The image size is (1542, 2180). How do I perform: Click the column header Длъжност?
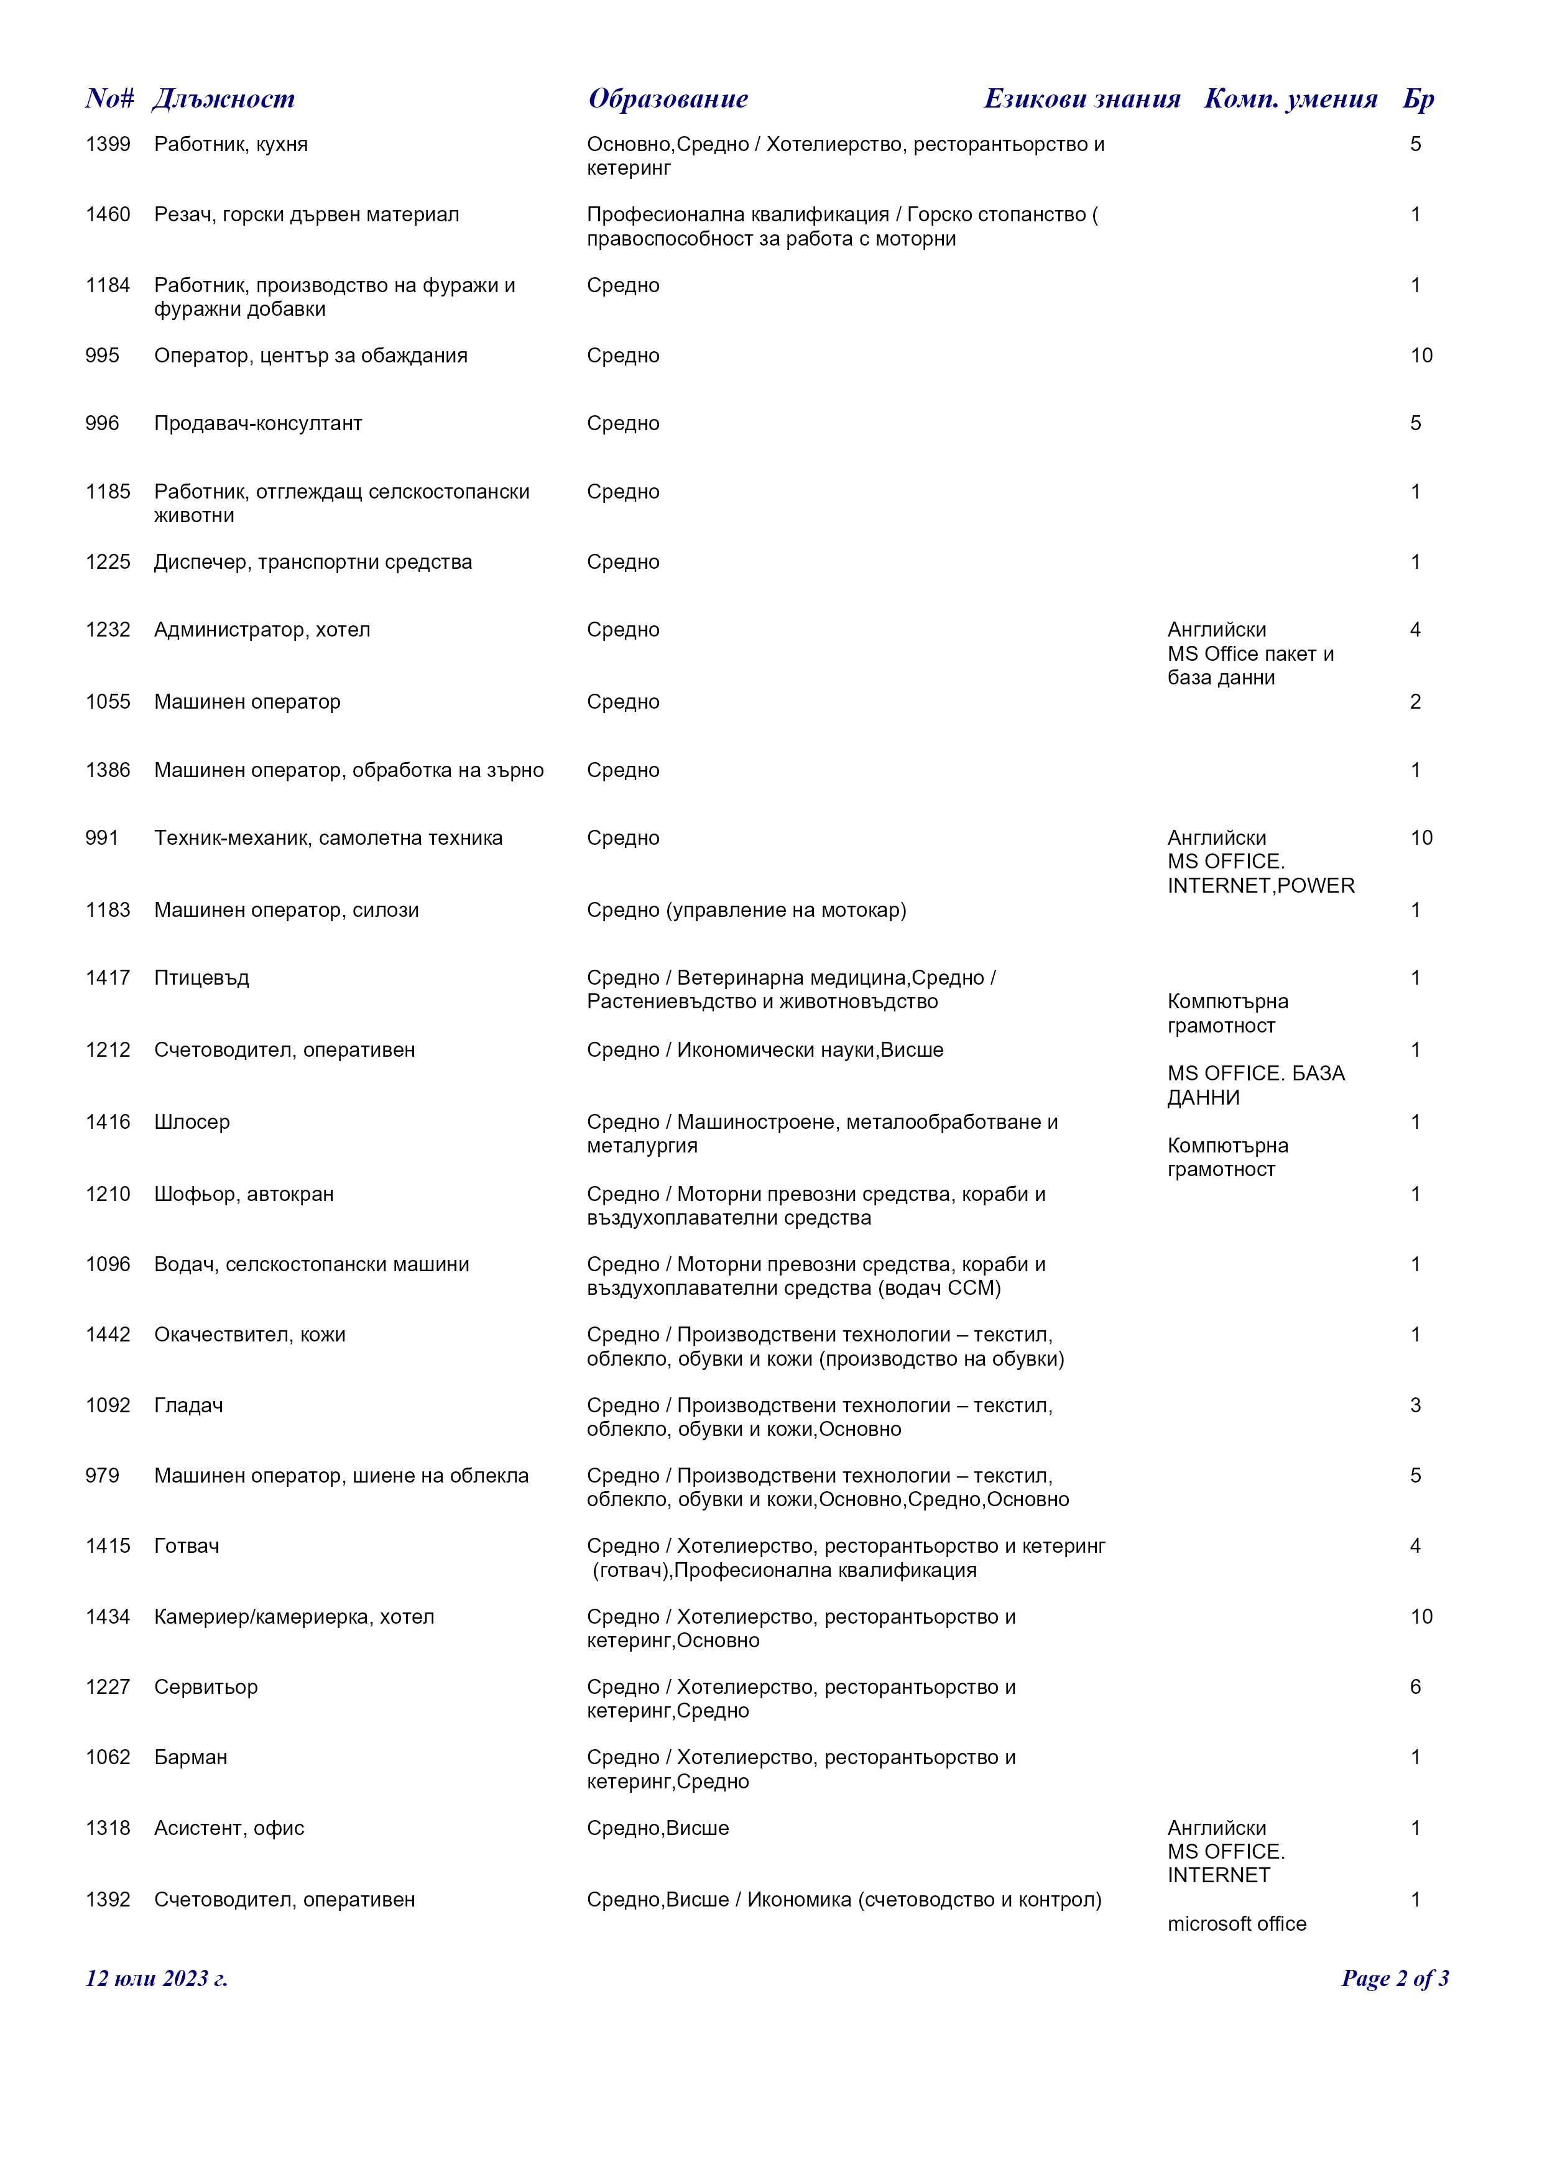pos(223,99)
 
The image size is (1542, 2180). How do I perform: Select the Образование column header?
pos(668,99)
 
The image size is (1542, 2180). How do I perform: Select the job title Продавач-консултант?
pos(258,423)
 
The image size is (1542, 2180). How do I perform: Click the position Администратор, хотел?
pos(262,630)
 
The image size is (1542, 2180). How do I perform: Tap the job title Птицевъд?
pos(201,978)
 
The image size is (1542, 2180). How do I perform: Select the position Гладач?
pos(189,1405)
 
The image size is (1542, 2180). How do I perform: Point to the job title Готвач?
pos(187,1546)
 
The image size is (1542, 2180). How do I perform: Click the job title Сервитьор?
pos(206,1687)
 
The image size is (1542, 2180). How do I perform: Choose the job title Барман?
pos(191,1757)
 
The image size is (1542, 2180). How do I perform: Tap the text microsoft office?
pos(1236,1924)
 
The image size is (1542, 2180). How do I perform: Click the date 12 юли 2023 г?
pos(157,1979)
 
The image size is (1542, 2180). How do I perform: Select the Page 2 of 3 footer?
pos(1394,1979)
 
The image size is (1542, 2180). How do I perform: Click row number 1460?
pos(108,214)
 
